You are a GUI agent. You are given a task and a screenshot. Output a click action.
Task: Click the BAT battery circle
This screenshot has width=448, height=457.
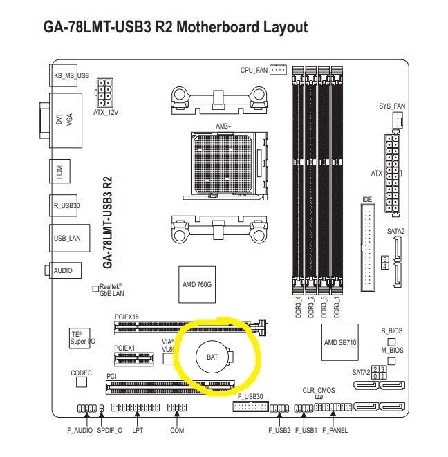point(212,357)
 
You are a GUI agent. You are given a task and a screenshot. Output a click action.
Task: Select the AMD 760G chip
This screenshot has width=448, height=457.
point(196,284)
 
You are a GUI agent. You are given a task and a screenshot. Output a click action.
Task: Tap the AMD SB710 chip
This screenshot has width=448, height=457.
point(340,342)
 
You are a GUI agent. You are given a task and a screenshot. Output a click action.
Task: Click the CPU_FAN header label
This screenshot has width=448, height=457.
point(254,70)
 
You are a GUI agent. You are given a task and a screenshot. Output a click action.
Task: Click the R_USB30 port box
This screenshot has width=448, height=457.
point(66,205)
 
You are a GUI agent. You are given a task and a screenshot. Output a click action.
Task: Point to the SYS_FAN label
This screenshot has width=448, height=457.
point(393,106)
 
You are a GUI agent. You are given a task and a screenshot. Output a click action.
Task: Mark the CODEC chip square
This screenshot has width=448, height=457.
point(82,382)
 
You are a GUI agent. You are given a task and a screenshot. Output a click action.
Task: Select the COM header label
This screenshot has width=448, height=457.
point(177,430)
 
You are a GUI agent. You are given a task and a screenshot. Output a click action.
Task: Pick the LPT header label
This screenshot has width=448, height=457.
point(137,430)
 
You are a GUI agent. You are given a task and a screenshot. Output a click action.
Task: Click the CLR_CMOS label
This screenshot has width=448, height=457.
point(319,390)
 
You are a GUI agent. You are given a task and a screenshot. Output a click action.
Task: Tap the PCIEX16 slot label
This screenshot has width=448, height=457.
point(127,317)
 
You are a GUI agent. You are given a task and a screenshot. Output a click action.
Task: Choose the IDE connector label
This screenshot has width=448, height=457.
point(367,200)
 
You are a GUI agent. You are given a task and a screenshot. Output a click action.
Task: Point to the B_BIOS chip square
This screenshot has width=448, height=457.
point(391,341)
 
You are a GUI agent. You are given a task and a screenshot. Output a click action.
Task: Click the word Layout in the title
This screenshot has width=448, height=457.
point(278,27)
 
